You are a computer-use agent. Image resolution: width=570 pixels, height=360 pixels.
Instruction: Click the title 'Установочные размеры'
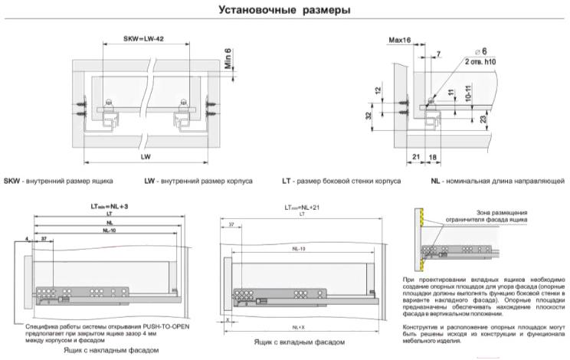[285, 11]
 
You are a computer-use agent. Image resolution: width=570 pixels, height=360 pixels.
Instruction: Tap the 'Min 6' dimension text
[228, 61]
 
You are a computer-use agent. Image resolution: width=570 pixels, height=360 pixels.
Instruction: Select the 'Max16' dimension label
[400, 38]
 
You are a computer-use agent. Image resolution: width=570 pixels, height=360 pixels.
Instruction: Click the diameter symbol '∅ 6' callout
[462, 51]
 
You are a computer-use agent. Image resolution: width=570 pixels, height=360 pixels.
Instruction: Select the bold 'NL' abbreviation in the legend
[436, 181]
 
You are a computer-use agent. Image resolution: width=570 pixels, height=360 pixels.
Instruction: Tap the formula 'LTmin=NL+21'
[301, 207]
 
